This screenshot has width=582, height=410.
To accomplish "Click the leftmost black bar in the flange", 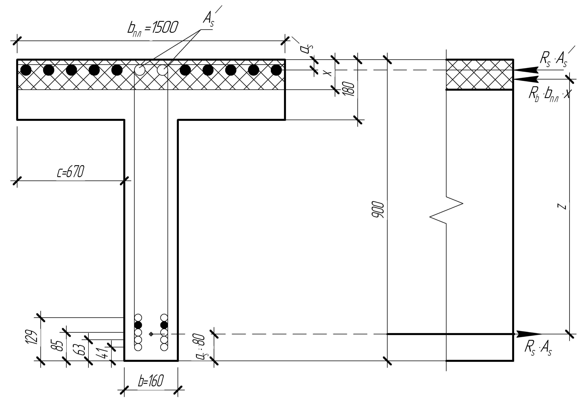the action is [x=26, y=70].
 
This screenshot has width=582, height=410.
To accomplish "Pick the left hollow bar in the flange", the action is [x=140, y=70].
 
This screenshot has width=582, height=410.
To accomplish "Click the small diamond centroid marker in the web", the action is [x=151, y=334].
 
